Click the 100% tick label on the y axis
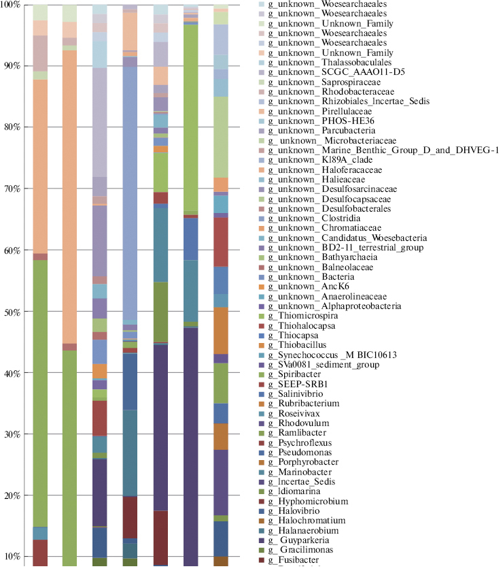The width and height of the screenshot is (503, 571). [12, 5]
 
